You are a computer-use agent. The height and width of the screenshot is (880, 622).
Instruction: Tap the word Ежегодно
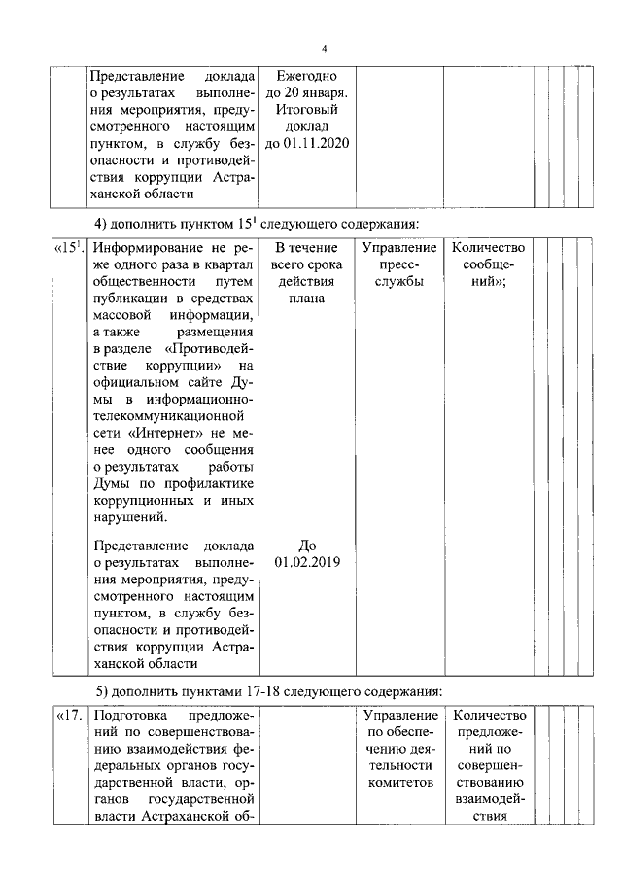[x=306, y=75]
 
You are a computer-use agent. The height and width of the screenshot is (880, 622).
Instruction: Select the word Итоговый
[x=306, y=110]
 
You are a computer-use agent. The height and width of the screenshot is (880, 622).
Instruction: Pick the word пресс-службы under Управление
[x=397, y=274]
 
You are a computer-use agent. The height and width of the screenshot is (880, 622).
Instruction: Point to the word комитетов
[x=397, y=782]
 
